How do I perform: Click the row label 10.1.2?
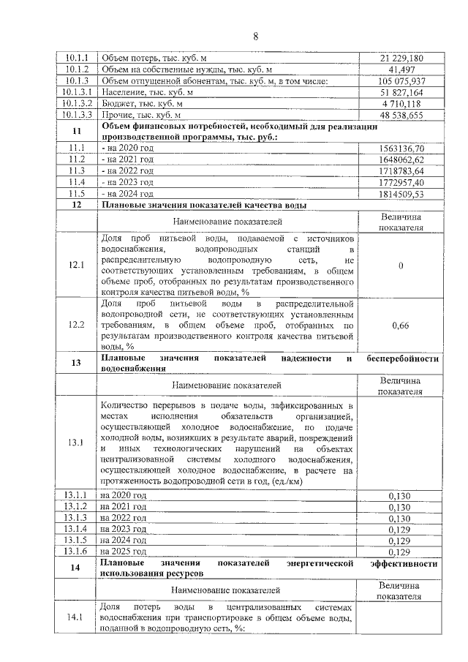pos(77,69)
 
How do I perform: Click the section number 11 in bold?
pos(77,131)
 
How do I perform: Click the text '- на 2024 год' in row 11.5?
pos(127,193)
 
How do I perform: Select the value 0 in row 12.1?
pos(401,265)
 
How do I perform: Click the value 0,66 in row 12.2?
pos(401,324)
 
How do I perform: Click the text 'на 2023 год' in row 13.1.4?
pos(124,528)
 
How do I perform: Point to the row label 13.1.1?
pos(77,494)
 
